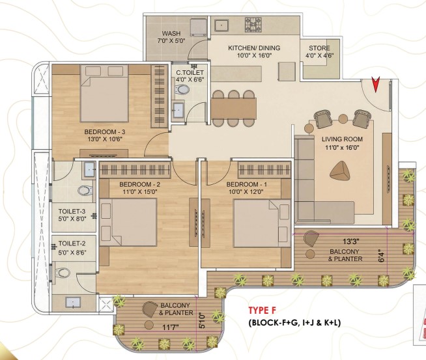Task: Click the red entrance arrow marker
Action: (376, 85)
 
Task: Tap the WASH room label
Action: (171, 33)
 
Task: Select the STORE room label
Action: (319, 48)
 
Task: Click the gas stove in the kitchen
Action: (253, 25)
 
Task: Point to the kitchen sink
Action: (221, 25)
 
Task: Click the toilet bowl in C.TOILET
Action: (182, 89)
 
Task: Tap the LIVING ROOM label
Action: (342, 139)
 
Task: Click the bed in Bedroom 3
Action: (104, 93)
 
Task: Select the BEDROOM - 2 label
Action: (139, 185)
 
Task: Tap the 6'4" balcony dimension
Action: (382, 256)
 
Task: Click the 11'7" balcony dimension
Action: (171, 327)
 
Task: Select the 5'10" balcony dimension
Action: (201, 321)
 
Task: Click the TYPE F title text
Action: (262, 311)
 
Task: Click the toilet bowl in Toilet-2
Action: (63, 272)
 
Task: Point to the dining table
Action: (234, 108)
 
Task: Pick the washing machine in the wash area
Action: (198, 27)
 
